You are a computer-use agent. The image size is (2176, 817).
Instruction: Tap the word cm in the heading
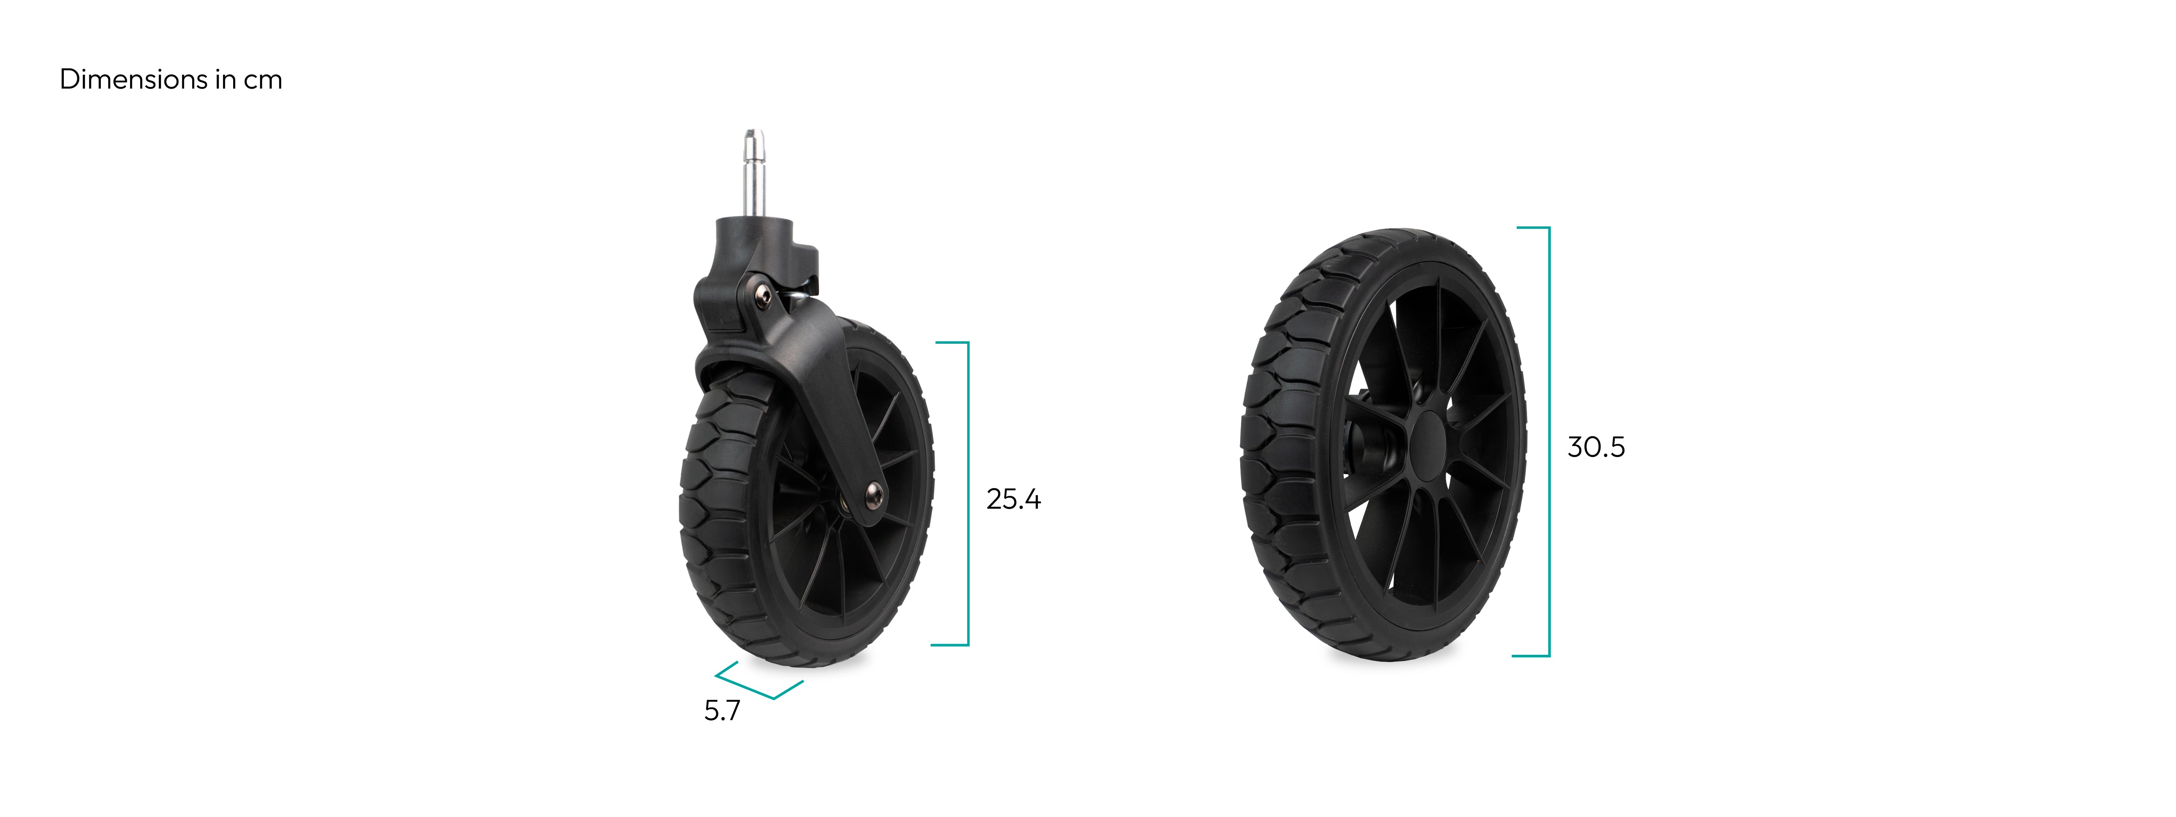click(x=263, y=81)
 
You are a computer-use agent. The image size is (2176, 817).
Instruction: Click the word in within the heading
click(x=226, y=80)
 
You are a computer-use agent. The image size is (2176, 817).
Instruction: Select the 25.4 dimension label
click(x=1014, y=499)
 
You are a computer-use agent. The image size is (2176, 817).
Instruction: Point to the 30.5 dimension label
click(x=1596, y=447)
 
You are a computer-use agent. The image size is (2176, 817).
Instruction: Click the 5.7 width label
click(x=722, y=711)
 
